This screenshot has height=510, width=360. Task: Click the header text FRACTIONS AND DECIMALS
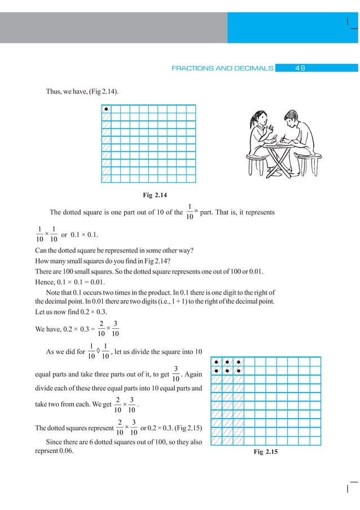click(x=222, y=68)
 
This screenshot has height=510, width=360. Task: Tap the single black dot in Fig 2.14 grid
click(x=106, y=109)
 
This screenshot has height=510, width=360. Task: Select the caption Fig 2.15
click(x=267, y=452)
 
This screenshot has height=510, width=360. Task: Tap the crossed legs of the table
click(x=276, y=161)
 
